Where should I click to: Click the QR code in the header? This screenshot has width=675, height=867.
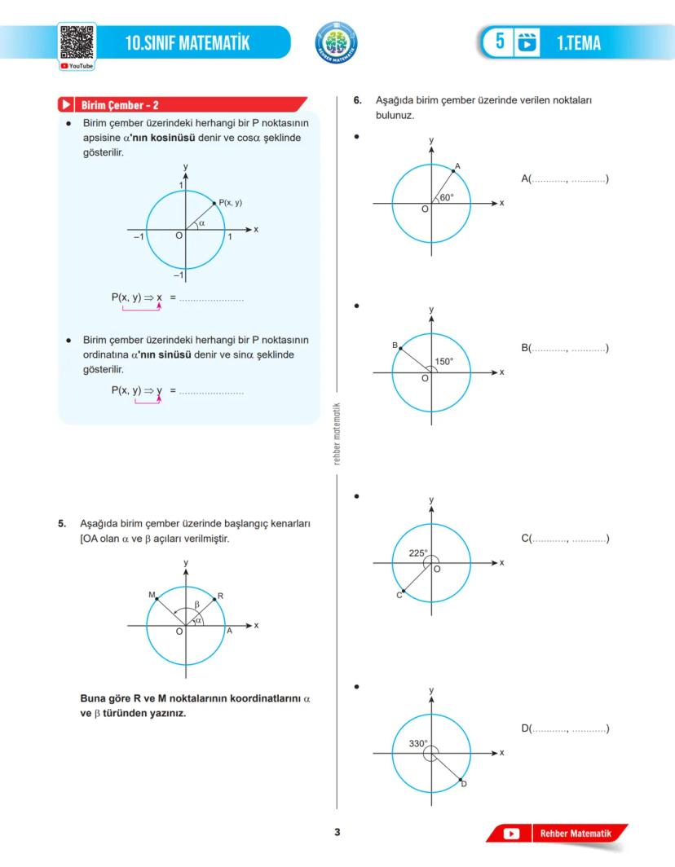tap(77, 43)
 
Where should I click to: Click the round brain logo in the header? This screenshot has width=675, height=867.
tap(335, 42)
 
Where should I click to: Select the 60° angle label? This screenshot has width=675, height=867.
tap(447, 197)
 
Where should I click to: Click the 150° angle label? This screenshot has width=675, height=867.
tap(443, 362)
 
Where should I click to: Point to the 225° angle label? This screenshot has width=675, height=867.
tap(418, 552)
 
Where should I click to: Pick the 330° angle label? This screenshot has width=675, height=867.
tap(418, 743)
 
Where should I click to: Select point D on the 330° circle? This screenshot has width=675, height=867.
tap(461, 780)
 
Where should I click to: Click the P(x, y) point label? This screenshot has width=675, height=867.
tap(230, 202)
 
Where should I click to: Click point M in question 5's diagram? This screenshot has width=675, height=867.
tap(157, 599)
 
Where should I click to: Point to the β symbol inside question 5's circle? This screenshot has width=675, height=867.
tap(196, 605)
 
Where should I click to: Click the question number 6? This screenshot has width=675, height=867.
tap(358, 101)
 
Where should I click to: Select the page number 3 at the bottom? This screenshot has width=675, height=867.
tap(337, 832)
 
